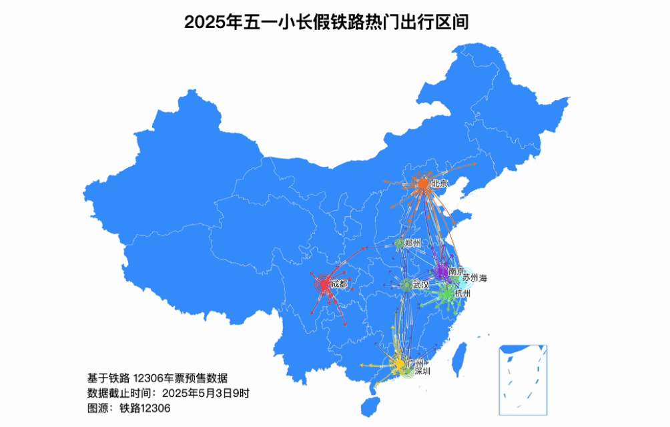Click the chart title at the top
[x=326, y=22]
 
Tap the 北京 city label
[x=439, y=183]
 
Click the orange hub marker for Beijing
[x=422, y=183]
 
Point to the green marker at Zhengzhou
[x=399, y=244]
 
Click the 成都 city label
[x=338, y=284]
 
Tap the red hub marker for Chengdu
[x=324, y=285]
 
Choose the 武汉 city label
[x=420, y=285]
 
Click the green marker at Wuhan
[x=406, y=286]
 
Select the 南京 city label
[x=456, y=271]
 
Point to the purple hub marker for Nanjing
[x=441, y=272]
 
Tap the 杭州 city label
[x=462, y=293]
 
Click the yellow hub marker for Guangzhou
[x=399, y=364]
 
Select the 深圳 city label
[x=422, y=371]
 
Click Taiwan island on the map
[x=459, y=358]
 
